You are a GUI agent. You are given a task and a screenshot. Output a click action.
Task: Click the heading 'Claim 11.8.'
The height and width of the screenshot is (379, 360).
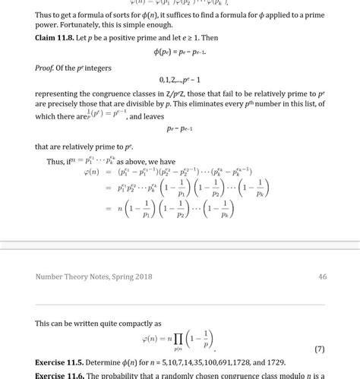[57, 37]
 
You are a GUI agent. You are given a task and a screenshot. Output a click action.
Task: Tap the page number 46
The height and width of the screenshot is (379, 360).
[322, 276]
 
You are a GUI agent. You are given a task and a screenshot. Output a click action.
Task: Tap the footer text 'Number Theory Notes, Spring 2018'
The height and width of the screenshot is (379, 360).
[93, 276]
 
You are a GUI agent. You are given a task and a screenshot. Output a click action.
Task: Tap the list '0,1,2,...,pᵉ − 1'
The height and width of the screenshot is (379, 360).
[181, 79]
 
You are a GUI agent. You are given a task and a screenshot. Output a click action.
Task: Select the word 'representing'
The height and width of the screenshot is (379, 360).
[59, 94]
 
